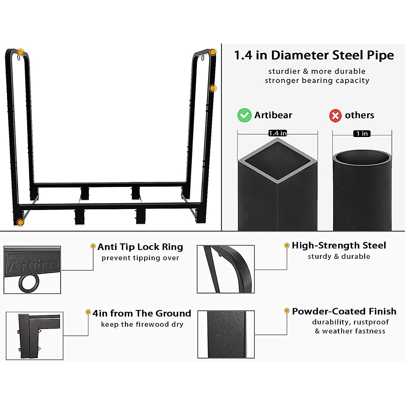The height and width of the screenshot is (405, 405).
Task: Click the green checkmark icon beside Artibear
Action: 244,115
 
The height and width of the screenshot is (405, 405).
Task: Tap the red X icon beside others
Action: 335,115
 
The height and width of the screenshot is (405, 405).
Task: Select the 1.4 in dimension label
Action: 277,133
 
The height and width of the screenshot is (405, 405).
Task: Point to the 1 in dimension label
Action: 362,134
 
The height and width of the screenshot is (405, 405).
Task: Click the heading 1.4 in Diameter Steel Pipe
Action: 314,55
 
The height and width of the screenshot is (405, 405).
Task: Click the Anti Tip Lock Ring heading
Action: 140,247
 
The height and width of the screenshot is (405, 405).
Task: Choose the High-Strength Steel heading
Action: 339,245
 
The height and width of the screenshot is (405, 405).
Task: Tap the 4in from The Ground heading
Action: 142,313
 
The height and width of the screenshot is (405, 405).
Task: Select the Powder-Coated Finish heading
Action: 344,311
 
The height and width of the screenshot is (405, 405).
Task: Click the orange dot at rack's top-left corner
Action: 21,52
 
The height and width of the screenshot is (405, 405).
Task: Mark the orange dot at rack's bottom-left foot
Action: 20,222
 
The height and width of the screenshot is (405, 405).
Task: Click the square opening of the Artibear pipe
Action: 277,161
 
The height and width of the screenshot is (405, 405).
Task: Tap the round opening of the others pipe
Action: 362,157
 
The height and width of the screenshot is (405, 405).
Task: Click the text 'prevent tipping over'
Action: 140,258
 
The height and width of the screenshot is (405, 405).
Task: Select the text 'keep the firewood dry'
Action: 142,324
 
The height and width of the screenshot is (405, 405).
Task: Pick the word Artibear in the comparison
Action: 273,115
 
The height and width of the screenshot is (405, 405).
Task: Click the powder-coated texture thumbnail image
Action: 226,334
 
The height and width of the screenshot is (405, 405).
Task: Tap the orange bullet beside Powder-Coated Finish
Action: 287,310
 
